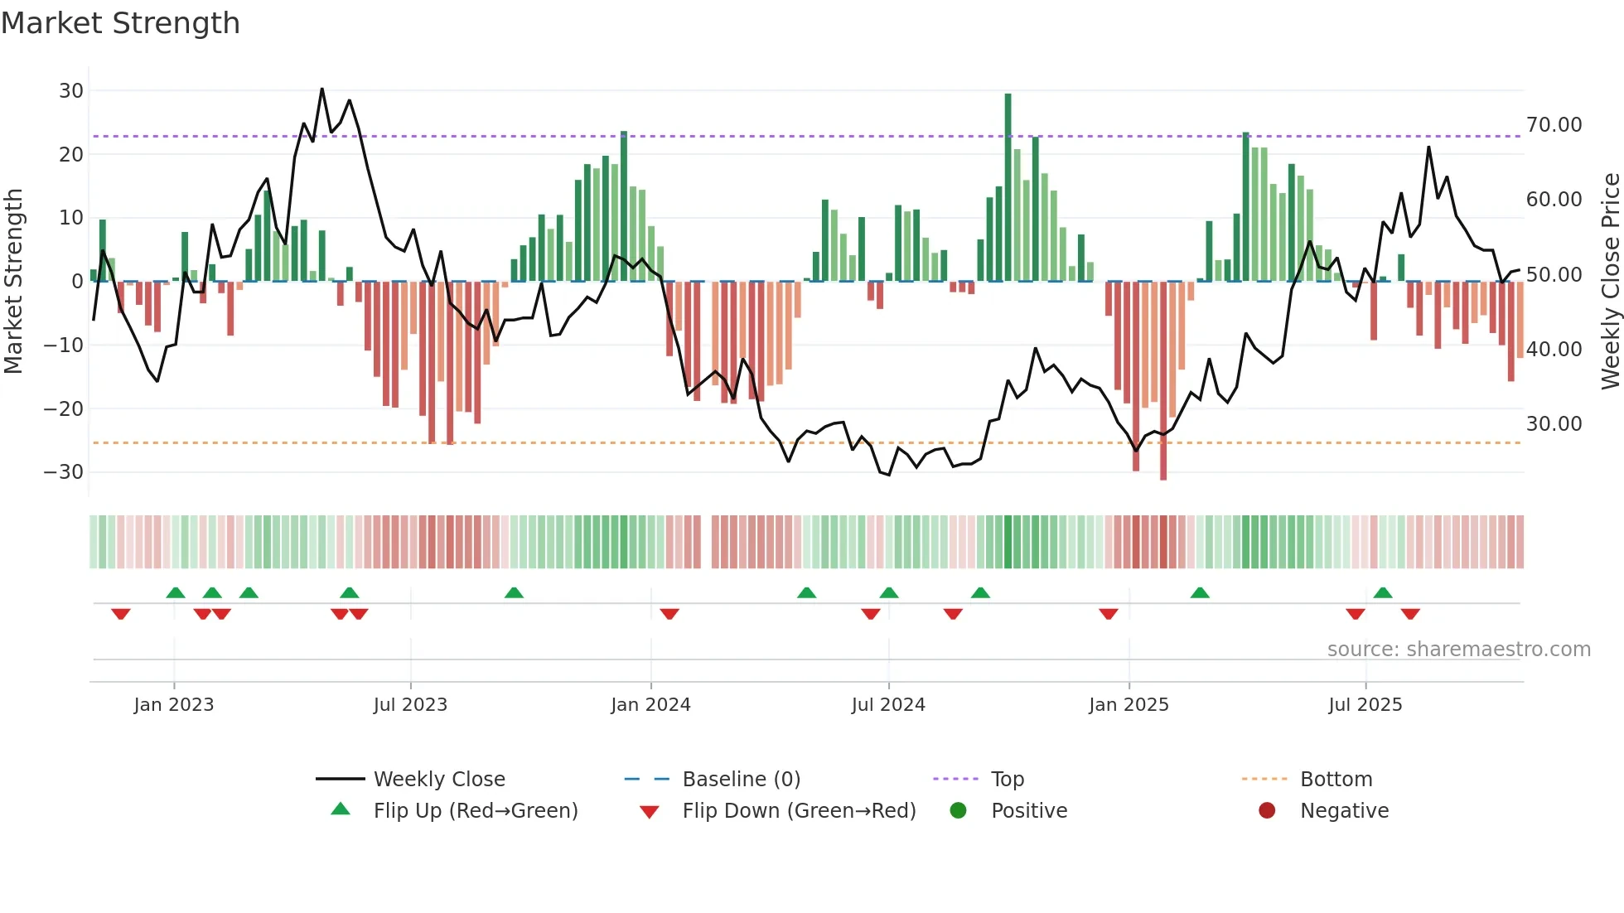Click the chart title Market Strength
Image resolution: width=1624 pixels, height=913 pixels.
pyautogui.click(x=120, y=23)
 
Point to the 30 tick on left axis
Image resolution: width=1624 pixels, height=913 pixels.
pyautogui.click(x=71, y=91)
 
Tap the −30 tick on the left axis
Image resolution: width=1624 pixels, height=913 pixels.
pyautogui.click(x=64, y=472)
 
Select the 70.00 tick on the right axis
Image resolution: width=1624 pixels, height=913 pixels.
pyautogui.click(x=1554, y=125)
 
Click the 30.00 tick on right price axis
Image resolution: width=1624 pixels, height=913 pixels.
pyautogui.click(x=1554, y=424)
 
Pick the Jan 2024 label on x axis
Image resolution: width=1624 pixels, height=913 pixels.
pyautogui.click(x=650, y=705)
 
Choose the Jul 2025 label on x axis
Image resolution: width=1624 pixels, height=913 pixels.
pyautogui.click(x=1365, y=705)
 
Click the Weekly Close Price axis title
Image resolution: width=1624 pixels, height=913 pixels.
pyautogui.click(x=1610, y=281)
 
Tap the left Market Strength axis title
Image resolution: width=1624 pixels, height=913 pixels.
pyautogui.click(x=14, y=281)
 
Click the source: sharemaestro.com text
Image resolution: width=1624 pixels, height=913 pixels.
pyautogui.click(x=1458, y=650)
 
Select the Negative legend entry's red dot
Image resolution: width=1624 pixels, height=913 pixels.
pyautogui.click(x=1267, y=811)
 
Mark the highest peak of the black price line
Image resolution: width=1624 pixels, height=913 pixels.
pyautogui.click(x=321, y=89)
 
